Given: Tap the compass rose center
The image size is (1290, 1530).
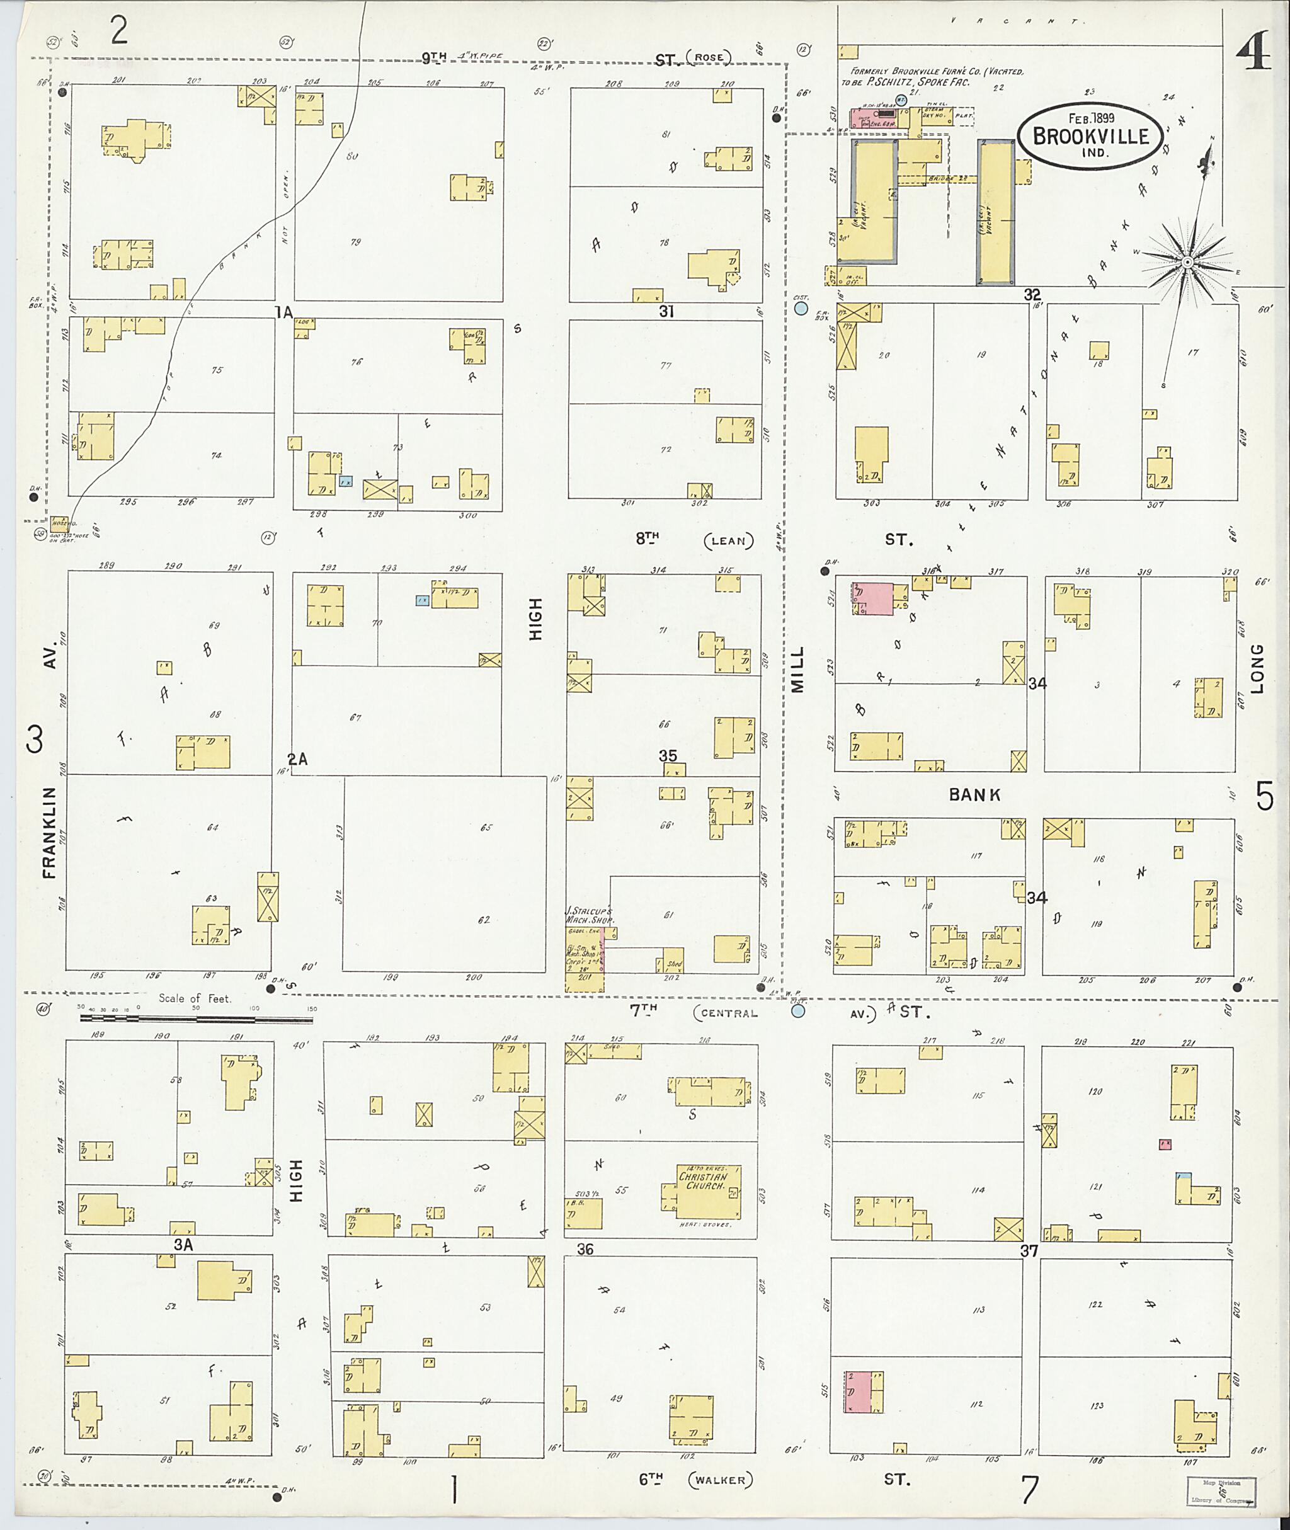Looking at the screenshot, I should pyautogui.click(x=1187, y=261).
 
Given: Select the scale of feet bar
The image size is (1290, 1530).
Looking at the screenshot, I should pyautogui.click(x=196, y=1018).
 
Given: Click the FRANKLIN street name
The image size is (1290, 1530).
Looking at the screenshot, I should pyautogui.click(x=49, y=832).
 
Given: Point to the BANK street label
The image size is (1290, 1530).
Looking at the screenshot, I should pyautogui.click(x=975, y=795).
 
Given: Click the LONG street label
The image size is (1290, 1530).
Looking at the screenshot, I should pyautogui.click(x=1257, y=668).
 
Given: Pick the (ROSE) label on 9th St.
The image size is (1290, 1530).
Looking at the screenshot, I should pyautogui.click(x=709, y=58).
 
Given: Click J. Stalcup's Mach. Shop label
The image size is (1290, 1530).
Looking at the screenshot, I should pyautogui.click(x=590, y=915).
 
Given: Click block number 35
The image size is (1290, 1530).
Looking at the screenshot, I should pyautogui.click(x=668, y=755).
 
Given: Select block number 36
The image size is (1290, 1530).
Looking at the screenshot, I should pyautogui.click(x=585, y=1249).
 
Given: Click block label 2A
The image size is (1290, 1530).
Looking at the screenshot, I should pyautogui.click(x=297, y=759).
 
